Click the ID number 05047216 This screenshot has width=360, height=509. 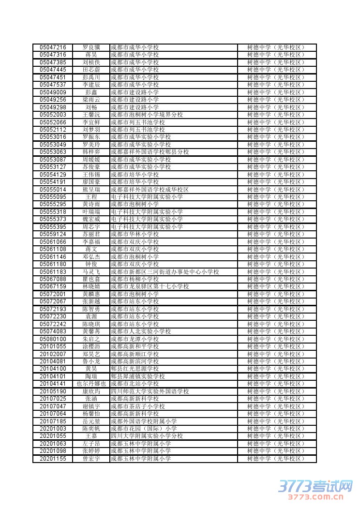pos(53,47)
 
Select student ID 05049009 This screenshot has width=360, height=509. pos(53,92)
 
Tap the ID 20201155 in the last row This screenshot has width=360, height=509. pos(53,459)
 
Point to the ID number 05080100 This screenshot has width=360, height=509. pos(53,339)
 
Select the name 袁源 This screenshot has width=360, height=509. pos(91,316)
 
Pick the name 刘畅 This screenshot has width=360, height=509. pos(91,107)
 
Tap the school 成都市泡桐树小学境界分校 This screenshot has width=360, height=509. pos(147,115)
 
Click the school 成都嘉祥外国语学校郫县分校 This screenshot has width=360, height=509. pos(150,152)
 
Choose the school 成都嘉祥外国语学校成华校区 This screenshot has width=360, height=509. pos(150,190)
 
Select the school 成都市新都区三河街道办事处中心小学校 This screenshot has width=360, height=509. pos(165,272)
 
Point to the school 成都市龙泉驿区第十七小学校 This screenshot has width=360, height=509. pos(150,287)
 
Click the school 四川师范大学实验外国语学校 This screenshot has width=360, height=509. pos(150,391)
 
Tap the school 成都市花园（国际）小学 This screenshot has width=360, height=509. pos(144,429)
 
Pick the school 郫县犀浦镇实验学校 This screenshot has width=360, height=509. pos(137,376)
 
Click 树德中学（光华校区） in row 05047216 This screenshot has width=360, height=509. pos(276,47)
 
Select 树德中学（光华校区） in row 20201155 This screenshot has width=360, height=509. pos(276,459)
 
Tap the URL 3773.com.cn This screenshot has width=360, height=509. pos(316,497)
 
